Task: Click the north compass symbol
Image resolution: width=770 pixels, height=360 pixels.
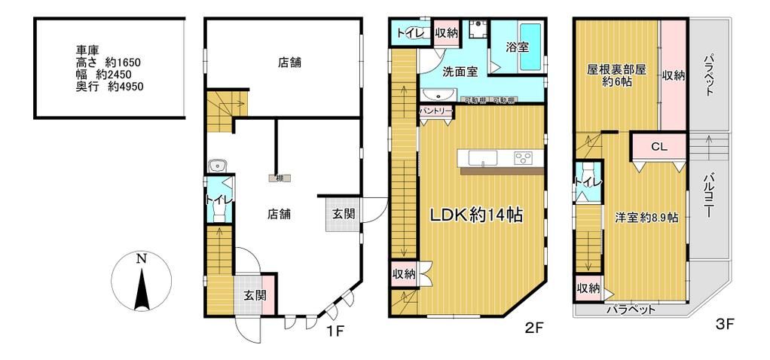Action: [142, 282]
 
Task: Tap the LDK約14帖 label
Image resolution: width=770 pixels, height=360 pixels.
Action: [476, 215]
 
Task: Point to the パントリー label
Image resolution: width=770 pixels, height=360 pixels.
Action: [435, 111]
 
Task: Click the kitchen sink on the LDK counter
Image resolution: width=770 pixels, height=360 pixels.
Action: [480, 157]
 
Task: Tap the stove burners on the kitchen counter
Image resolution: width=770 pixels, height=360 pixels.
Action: [524, 157]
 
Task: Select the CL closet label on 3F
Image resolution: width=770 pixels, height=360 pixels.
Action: [658, 147]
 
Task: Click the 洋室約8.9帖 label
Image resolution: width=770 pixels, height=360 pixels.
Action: [646, 217]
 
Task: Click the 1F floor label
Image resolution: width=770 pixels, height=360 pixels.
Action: [335, 329]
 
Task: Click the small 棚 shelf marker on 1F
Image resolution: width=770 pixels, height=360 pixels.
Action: [279, 178]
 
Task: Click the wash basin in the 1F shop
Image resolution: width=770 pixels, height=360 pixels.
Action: [220, 165]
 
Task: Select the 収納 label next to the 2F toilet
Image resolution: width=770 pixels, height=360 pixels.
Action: [447, 32]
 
